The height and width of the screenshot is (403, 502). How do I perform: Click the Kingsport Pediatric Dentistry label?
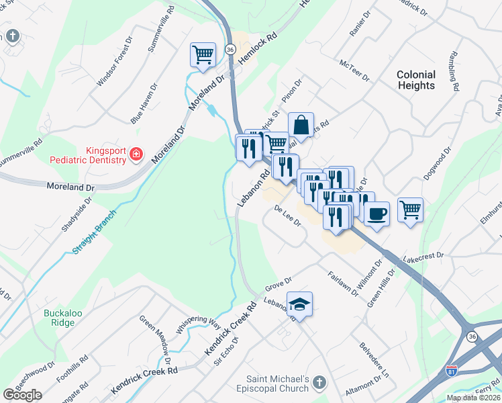click(x=87, y=156)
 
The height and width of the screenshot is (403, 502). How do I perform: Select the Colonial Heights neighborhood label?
click(x=415, y=80)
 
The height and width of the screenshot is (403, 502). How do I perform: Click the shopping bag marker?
click(x=301, y=124)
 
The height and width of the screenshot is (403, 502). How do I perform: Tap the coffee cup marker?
click(x=376, y=214)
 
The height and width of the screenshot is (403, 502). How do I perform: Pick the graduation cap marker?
click(x=300, y=303)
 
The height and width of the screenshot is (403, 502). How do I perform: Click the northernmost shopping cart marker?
click(x=203, y=54)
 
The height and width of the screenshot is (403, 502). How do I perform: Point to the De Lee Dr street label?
click(x=287, y=216)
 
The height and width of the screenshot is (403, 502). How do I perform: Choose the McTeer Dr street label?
click(x=355, y=69)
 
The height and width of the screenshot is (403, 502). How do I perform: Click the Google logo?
click(x=22, y=395)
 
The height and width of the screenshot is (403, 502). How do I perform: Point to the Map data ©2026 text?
click(x=474, y=398)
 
